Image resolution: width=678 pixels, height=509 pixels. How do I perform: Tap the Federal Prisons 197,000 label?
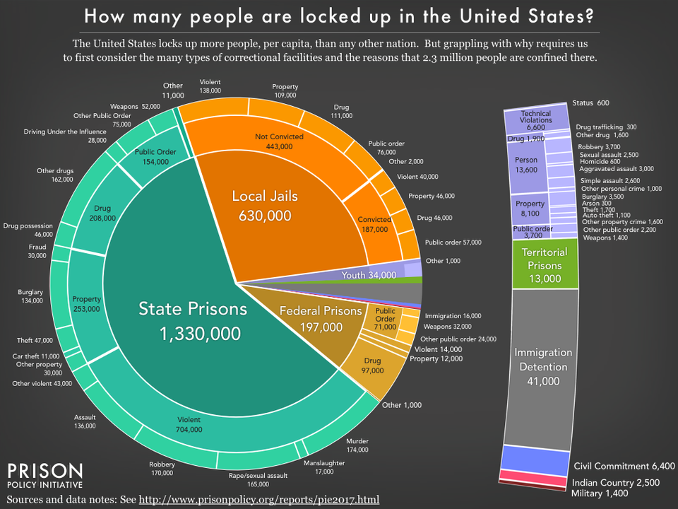(x=320, y=318)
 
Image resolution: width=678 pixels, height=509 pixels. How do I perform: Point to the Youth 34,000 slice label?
(x=367, y=274)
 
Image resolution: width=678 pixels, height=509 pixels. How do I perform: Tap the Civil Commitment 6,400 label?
(x=624, y=466)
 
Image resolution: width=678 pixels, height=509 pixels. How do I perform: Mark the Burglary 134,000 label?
(x=30, y=296)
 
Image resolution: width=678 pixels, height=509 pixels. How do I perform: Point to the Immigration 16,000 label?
(x=453, y=315)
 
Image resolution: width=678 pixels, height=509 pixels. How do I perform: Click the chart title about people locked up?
(x=338, y=16)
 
